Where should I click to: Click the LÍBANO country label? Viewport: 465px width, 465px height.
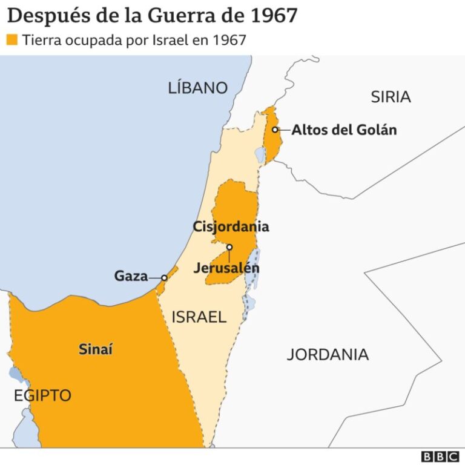[197, 88]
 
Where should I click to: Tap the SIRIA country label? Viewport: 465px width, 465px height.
[391, 96]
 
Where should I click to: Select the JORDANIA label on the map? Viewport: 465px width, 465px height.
[328, 354]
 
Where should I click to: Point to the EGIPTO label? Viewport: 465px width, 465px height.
[42, 396]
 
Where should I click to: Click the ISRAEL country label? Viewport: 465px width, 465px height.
[199, 317]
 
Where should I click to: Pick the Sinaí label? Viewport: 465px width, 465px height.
[96, 349]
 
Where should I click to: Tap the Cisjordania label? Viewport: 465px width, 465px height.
[231, 227]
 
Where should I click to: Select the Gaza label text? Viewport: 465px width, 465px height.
[131, 277]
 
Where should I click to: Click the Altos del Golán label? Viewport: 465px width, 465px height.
[344, 130]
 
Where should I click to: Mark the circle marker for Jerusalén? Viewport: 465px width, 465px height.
[229, 247]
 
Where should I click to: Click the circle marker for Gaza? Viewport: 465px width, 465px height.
[164, 277]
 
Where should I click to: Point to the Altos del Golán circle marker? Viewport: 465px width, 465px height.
[275, 130]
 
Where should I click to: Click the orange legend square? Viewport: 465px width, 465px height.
[12, 40]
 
